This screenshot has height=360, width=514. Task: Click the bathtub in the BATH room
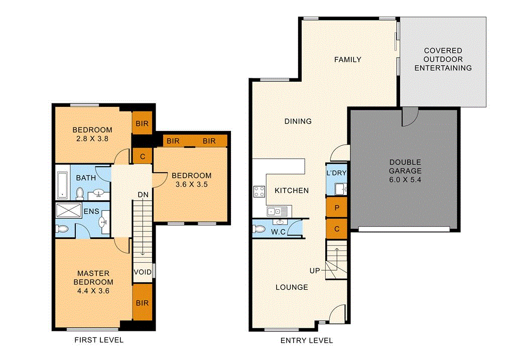(x=62, y=185)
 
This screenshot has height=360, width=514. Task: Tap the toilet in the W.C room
(x=260, y=229)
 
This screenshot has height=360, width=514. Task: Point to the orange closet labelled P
(x=336, y=207)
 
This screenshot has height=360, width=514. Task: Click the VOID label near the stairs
(x=143, y=272)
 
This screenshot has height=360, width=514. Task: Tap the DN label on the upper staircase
(x=143, y=195)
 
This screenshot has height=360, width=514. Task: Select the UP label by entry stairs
(x=315, y=271)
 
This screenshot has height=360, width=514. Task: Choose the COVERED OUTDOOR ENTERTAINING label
(x=443, y=59)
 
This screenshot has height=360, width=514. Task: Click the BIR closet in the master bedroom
(x=142, y=303)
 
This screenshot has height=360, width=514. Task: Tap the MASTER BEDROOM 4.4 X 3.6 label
(x=93, y=282)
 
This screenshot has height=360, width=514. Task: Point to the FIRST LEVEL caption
(x=99, y=340)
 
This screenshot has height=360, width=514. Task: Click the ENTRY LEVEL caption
(x=306, y=340)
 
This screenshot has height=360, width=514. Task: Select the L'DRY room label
(x=336, y=173)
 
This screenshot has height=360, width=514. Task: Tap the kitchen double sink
(x=276, y=211)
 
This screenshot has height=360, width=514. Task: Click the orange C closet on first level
(x=143, y=156)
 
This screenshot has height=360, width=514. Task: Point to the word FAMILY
(x=348, y=60)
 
